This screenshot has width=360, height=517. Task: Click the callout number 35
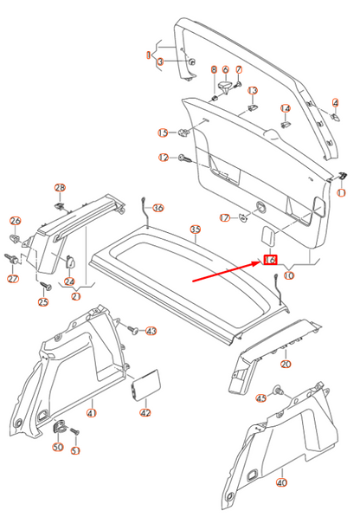coord(196,229)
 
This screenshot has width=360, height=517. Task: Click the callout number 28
coord(60,188)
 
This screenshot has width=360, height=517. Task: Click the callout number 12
coord(164,158)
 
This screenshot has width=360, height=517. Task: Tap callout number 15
coord(162,132)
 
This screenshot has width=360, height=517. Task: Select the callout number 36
coord(157,208)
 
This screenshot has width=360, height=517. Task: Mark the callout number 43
coord(151,331)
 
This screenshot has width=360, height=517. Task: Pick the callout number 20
coord(286,364)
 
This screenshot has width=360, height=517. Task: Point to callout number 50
coord(58,447)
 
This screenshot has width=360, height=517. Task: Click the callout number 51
coord(75,450)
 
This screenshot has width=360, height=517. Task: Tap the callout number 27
coord(12,279)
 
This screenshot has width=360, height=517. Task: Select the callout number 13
coord(253,91)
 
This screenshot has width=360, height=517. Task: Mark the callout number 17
coord(224,217)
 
